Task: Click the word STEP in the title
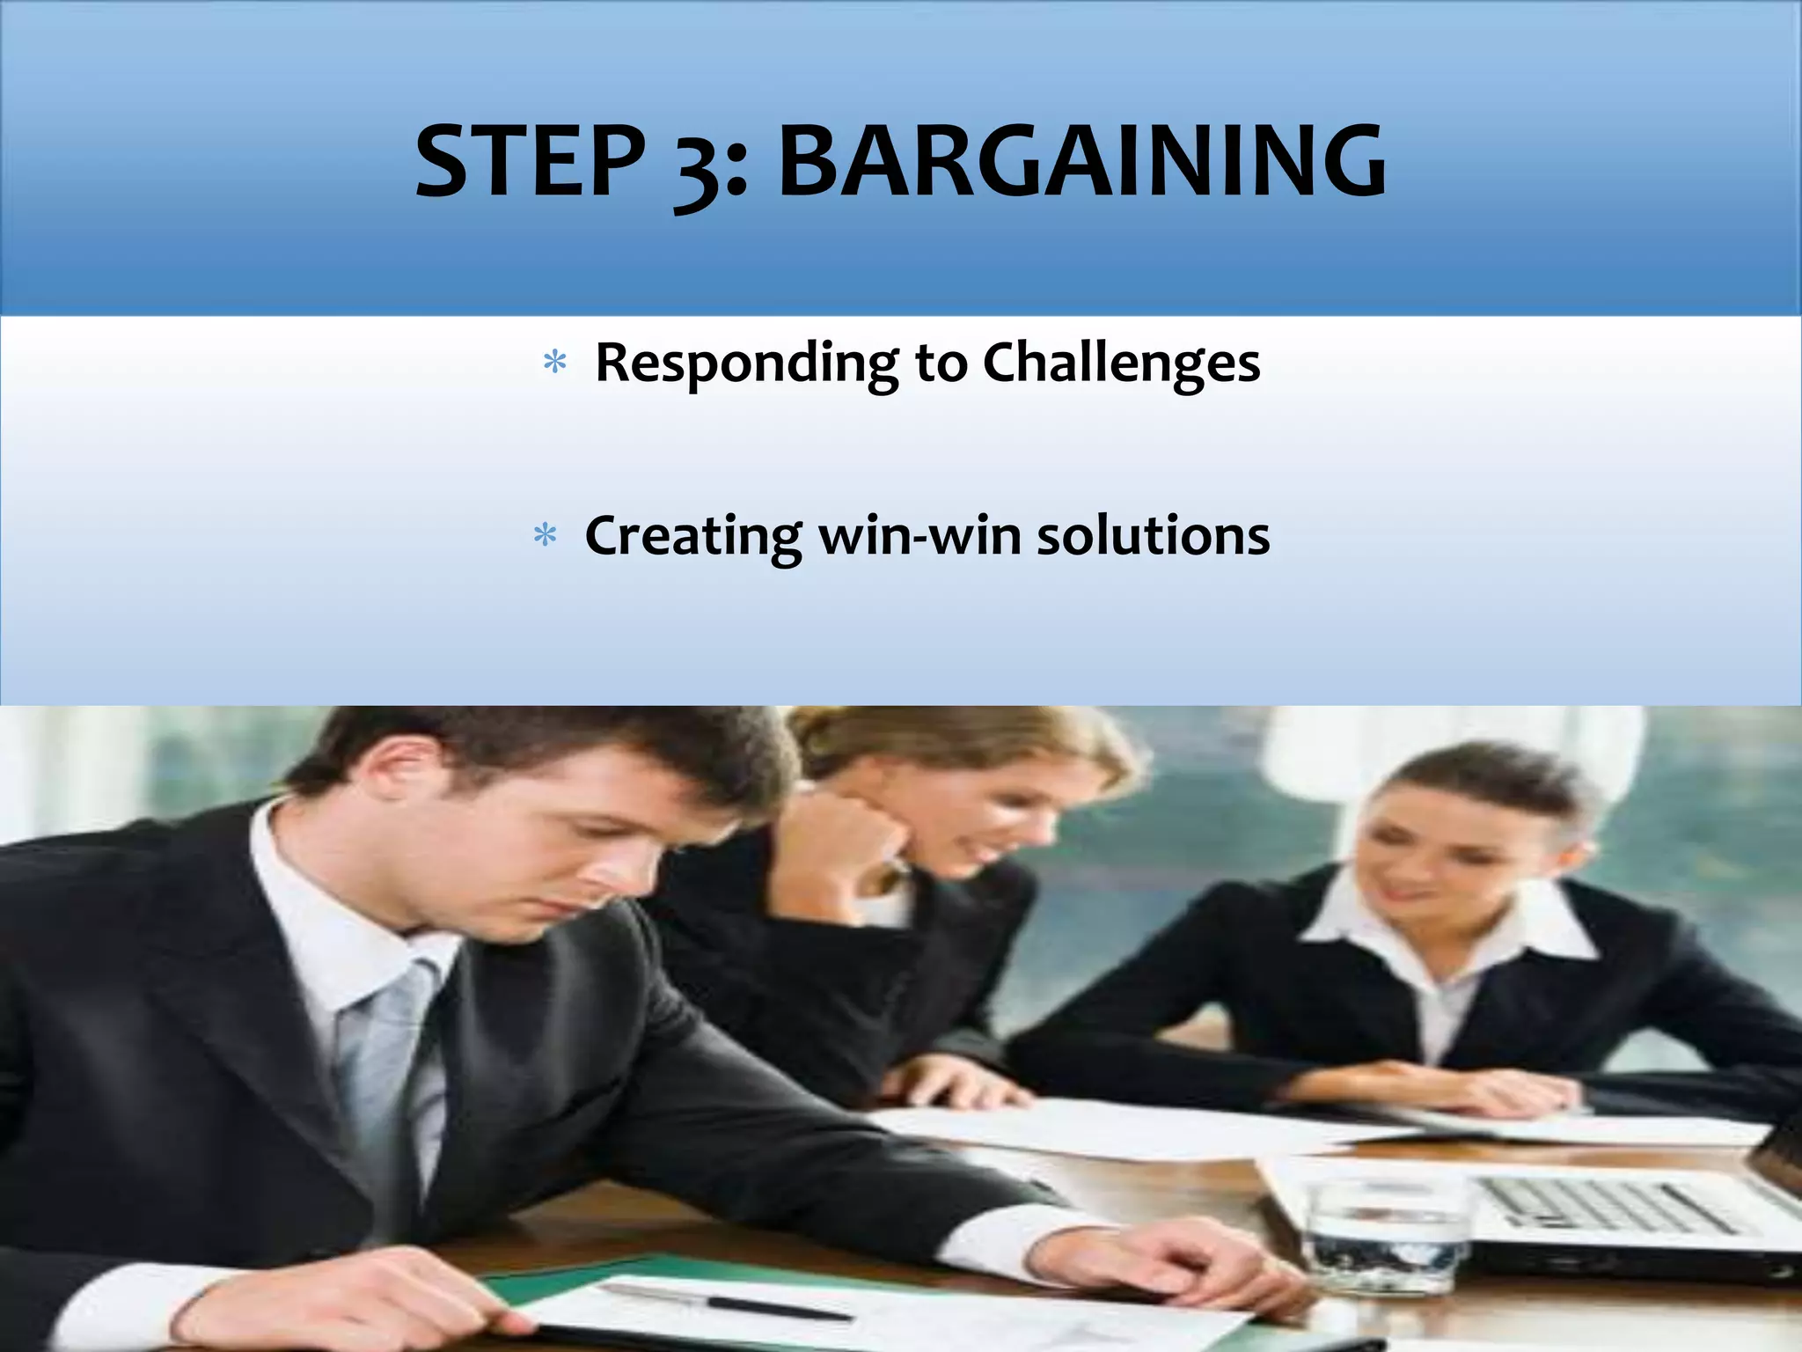(x=531, y=162)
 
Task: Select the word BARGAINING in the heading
(x=1081, y=162)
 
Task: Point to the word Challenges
(x=1121, y=363)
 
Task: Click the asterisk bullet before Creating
(x=545, y=535)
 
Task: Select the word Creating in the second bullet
(x=692, y=536)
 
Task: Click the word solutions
(x=1153, y=535)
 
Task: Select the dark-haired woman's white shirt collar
(x=1443, y=924)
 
